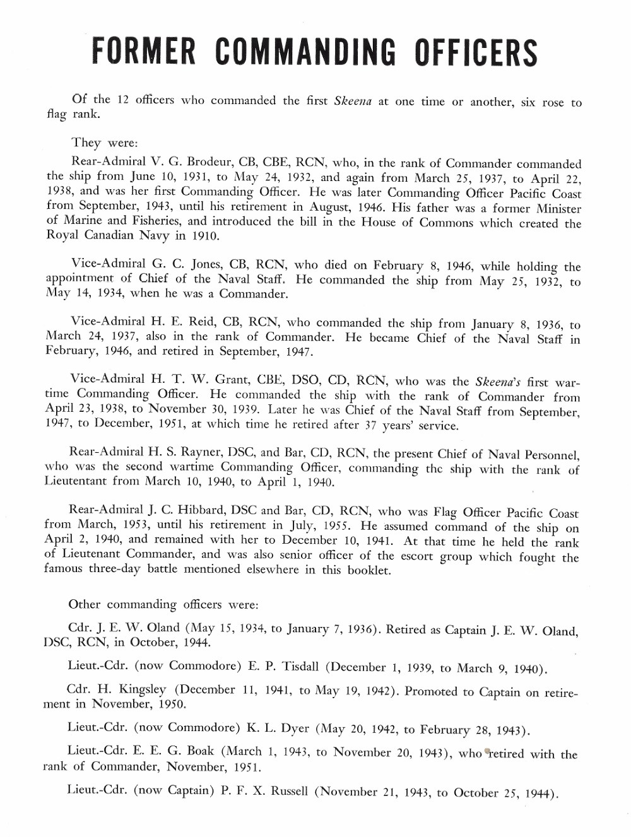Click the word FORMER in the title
pyautogui.click(x=144, y=52)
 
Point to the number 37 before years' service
pyautogui.click(x=370, y=425)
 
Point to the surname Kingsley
pyautogui.click(x=143, y=690)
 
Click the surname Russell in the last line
pyautogui.click(x=289, y=791)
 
